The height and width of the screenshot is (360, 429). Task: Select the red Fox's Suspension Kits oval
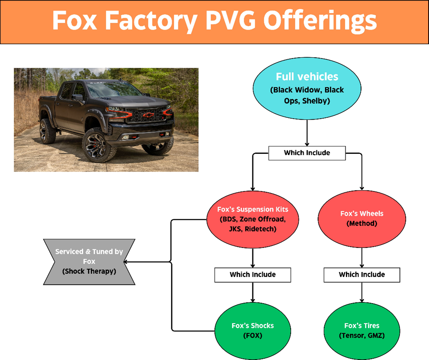(253, 220)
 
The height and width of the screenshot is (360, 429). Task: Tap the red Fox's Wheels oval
(362, 219)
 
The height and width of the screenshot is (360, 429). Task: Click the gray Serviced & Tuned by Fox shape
(89, 261)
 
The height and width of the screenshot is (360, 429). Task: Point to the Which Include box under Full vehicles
(307, 153)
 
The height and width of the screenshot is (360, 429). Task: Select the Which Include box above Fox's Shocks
(253, 274)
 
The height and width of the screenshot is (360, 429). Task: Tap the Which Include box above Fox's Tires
(362, 274)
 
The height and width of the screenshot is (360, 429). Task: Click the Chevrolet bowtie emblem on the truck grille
(148, 115)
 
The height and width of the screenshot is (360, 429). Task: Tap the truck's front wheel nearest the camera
(99, 145)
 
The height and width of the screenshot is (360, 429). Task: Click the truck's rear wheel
(47, 131)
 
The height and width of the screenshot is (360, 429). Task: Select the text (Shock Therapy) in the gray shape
(89, 271)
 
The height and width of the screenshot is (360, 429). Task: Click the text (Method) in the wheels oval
(362, 224)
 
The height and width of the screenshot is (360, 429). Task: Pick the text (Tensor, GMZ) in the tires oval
(362, 335)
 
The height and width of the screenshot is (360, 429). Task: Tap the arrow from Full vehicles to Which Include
(307, 133)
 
